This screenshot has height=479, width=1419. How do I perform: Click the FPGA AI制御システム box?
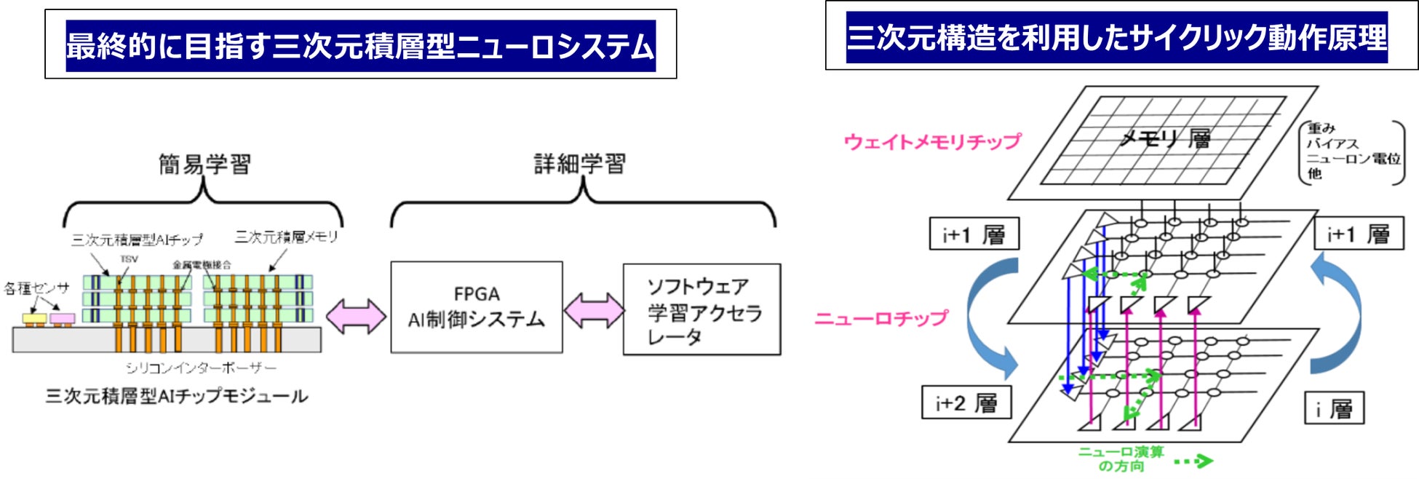[x=476, y=307]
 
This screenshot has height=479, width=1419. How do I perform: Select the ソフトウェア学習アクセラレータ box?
[x=701, y=309]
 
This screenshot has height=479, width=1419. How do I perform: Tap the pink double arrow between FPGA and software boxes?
[x=593, y=311]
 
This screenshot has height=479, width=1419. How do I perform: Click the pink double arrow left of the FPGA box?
[x=356, y=317]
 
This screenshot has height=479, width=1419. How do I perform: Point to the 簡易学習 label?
[x=204, y=165]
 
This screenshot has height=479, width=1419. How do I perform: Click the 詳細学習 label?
[x=579, y=164]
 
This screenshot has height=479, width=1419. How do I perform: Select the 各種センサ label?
[x=36, y=288]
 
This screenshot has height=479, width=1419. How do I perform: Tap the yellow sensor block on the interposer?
[x=34, y=319]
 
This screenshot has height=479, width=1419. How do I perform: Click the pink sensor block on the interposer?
[x=63, y=319]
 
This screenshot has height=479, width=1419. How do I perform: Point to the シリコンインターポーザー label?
[x=201, y=368]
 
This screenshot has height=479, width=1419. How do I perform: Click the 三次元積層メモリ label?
[x=286, y=237]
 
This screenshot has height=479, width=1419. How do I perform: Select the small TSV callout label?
[x=129, y=259]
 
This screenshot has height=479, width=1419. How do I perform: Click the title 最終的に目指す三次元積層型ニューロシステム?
[x=360, y=46]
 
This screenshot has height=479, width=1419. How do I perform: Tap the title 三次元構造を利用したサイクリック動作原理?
[x=1116, y=37]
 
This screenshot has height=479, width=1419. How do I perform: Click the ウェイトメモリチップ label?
[x=932, y=141]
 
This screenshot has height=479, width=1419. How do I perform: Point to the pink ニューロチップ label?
[x=881, y=318]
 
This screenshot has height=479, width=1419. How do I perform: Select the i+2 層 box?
[x=966, y=403]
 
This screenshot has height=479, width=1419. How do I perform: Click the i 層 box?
[x=1334, y=408]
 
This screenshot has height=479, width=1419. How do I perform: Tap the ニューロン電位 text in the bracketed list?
[x=1354, y=159]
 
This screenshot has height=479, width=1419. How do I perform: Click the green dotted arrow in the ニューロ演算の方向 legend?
[x=1193, y=461]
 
